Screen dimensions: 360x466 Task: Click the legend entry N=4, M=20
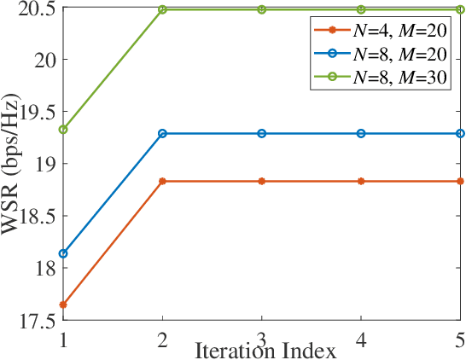[x=381, y=32]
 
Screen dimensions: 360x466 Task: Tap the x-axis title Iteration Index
[x=259, y=350]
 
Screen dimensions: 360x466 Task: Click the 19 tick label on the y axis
[x=44, y=164]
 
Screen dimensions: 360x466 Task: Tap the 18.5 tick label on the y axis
[x=35, y=217]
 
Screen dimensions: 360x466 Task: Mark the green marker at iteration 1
[x=63, y=130]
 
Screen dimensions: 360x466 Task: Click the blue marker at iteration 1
[x=63, y=253]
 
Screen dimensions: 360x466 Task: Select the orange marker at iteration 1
[x=63, y=305]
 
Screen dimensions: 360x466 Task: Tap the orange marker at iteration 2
[x=162, y=181]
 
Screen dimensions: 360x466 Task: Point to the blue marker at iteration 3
[x=262, y=133]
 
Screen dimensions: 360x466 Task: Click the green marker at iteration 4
[x=361, y=9]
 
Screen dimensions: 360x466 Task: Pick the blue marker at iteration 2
[x=162, y=133]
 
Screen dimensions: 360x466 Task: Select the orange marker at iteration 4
[x=361, y=181]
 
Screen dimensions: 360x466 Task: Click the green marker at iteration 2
[x=162, y=9]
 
